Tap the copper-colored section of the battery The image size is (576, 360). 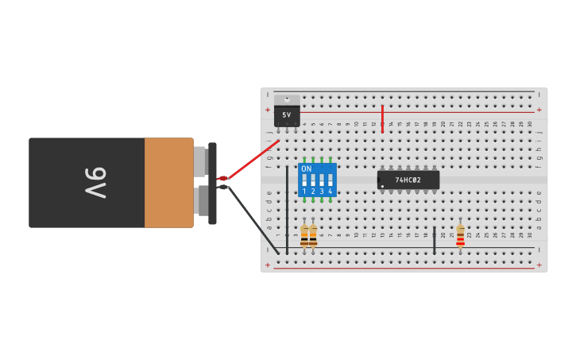pyautogui.click(x=168, y=183)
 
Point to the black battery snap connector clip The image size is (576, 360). pyautogui.click(x=212, y=183)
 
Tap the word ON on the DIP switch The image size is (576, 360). pyautogui.click(x=306, y=169)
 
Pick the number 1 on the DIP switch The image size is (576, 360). pyautogui.click(x=304, y=192)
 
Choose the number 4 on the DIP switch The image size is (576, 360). pyautogui.click(x=330, y=192)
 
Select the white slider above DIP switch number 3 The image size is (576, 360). pyautogui.click(x=321, y=180)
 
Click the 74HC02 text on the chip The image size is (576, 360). pyautogui.click(x=408, y=180)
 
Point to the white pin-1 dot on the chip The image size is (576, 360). pyautogui.click(x=382, y=188)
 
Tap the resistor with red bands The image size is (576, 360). pyautogui.click(x=460, y=235)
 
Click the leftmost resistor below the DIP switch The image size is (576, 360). pyautogui.click(x=304, y=235)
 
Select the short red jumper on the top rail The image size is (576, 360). pyautogui.click(x=382, y=118)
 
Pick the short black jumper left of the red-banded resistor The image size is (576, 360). pyautogui.click(x=435, y=240)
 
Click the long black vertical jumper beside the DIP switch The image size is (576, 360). pyautogui.click(x=287, y=211)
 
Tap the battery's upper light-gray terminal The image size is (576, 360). pyautogui.click(x=200, y=162)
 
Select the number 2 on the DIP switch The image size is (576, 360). pyautogui.click(x=313, y=192)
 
